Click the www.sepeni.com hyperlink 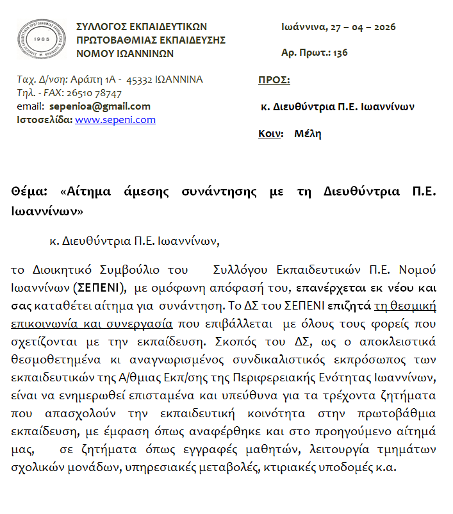click(115, 120)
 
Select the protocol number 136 click(340, 53)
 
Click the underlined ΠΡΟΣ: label click(274, 80)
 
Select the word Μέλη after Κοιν click(308, 134)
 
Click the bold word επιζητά click(349, 304)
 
